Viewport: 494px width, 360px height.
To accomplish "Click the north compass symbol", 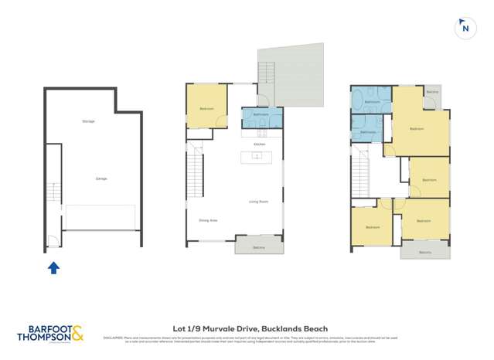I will [x=465, y=28].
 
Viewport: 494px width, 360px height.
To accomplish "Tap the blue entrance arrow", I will [x=53, y=268].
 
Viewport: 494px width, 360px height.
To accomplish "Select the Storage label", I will [x=88, y=121].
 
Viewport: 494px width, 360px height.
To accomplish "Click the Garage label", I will [x=101, y=178].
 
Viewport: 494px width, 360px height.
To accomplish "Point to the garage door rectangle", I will [x=101, y=217].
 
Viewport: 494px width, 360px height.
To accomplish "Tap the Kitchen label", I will [x=260, y=144].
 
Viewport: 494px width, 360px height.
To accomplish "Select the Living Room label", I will [x=258, y=202].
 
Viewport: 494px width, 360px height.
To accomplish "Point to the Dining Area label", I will [x=208, y=221].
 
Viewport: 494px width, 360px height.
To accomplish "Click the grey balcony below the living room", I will [x=259, y=245].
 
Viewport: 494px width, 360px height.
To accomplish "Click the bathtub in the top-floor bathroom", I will [x=362, y=100].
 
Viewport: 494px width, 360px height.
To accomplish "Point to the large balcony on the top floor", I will [x=424, y=250].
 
